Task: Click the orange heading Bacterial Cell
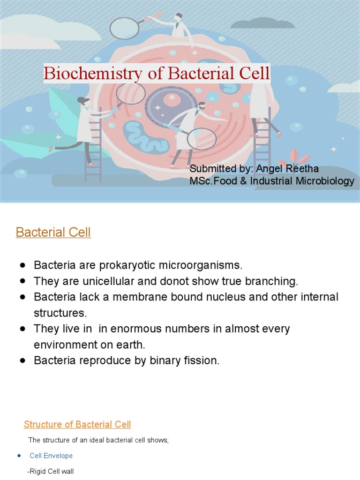[53, 232]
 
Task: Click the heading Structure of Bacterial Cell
[77, 425]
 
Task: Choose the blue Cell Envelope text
[51, 456]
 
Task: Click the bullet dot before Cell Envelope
[19, 456]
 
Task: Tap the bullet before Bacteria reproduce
[22, 361]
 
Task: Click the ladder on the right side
[262, 141]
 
